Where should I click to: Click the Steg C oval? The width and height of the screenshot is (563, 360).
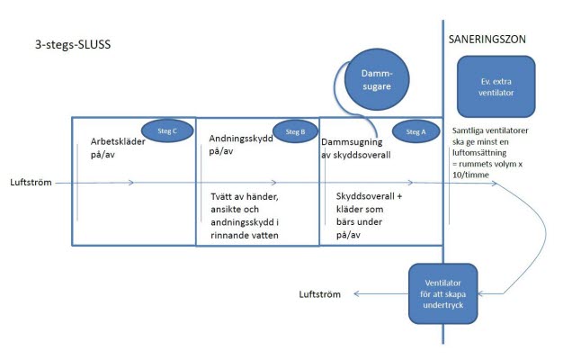click(x=167, y=130)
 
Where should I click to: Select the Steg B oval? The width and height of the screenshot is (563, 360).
click(x=296, y=131)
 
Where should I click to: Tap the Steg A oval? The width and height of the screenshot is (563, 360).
click(x=416, y=132)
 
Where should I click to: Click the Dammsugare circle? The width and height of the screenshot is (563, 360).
click(x=377, y=79)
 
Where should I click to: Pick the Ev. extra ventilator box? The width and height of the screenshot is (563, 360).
click(x=496, y=86)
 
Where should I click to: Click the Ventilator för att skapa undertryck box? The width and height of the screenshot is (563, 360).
click(x=442, y=293)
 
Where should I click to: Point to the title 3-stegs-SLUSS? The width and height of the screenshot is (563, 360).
click(x=73, y=45)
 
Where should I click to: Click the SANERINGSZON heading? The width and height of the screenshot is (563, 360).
click(x=487, y=40)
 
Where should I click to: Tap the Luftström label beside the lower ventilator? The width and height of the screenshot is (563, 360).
click(x=319, y=294)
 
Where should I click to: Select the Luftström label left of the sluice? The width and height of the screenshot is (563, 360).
click(x=31, y=182)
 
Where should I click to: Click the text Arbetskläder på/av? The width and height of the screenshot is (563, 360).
click(x=118, y=148)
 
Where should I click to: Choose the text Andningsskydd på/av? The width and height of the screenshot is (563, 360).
click(x=241, y=144)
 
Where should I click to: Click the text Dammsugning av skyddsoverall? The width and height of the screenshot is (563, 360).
click(x=356, y=148)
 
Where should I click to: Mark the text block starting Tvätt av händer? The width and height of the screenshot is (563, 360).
click(x=245, y=216)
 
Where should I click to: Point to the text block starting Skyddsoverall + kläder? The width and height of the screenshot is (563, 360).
click(x=369, y=215)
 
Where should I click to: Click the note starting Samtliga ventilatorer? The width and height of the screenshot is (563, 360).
click(x=490, y=152)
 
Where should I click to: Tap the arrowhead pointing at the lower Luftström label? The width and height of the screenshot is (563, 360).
click(x=356, y=294)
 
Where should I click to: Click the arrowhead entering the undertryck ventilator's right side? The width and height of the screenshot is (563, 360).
click(x=481, y=294)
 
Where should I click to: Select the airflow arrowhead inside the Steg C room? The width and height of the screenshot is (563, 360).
click(x=131, y=183)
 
